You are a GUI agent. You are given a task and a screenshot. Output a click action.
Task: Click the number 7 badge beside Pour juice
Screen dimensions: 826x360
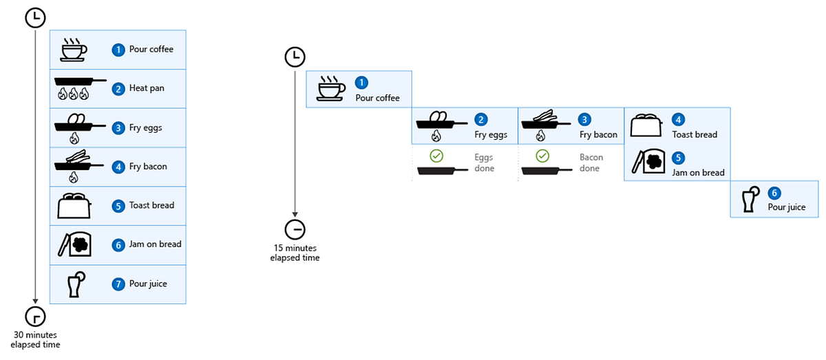point(118,284)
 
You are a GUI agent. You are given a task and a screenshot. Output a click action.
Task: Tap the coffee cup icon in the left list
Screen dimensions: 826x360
point(74,50)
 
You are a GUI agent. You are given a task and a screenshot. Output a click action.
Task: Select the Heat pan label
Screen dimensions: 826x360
point(147,88)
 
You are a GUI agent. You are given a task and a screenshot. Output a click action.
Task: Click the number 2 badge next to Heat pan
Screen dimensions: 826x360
point(118,89)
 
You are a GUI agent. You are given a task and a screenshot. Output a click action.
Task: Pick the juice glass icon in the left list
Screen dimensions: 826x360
point(76,284)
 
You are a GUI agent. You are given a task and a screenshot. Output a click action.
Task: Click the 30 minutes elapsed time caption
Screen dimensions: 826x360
point(35,340)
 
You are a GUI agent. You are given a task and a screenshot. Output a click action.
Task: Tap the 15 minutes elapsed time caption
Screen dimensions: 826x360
point(295,253)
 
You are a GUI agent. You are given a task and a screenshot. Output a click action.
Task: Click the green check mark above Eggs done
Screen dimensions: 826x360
point(436,156)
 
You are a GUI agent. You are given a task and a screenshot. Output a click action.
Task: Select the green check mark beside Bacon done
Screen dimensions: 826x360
point(542,156)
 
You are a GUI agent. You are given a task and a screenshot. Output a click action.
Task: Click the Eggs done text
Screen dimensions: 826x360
point(484,162)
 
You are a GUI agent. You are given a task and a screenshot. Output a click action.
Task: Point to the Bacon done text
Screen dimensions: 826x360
point(591,162)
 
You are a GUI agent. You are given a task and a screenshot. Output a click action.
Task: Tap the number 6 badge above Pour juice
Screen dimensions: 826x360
point(774,193)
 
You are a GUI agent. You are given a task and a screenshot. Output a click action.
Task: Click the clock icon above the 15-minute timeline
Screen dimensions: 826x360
point(295,57)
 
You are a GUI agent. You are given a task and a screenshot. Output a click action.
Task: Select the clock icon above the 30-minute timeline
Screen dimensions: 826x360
point(35,18)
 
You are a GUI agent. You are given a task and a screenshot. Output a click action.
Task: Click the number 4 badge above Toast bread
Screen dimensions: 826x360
point(678,120)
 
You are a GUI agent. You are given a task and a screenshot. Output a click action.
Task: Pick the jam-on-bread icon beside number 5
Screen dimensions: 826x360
point(648,161)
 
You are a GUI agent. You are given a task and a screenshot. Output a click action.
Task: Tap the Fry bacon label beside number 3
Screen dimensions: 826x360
point(598,135)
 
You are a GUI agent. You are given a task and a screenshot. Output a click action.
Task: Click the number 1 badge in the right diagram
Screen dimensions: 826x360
point(361,83)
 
